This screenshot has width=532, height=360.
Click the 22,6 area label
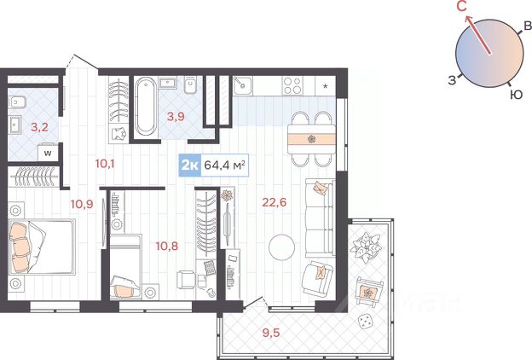click(x=275, y=202)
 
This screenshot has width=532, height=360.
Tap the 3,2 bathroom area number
click(x=39, y=127)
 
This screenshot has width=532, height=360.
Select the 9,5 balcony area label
click(x=271, y=333)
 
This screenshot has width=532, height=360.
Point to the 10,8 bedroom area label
click(x=166, y=246)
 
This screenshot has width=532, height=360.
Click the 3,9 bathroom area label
click(x=176, y=117)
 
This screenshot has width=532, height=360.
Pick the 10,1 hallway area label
click(x=105, y=164)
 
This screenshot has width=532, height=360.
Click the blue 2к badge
click(x=190, y=165)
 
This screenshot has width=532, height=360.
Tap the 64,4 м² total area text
click(x=224, y=165)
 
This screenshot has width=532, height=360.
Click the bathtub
click(x=145, y=107)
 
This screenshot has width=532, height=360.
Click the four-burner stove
click(x=292, y=85)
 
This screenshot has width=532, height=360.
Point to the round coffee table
click(x=281, y=247)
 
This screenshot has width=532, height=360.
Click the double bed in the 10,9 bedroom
click(x=42, y=247)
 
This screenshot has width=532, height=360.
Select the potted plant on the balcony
click(x=367, y=247)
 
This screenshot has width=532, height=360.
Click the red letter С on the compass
click(x=462, y=6)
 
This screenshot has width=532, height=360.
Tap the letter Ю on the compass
click(x=517, y=95)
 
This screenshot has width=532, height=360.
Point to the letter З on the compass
click(x=452, y=80)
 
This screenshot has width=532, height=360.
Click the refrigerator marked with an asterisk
click(x=326, y=85)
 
